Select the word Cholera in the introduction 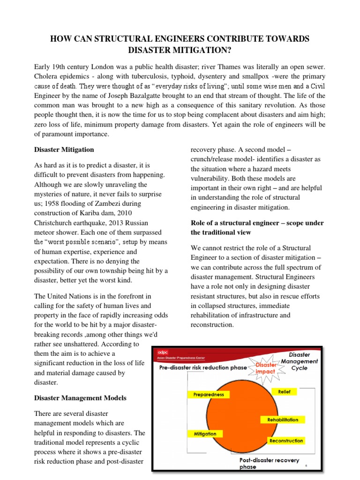(x=48, y=76)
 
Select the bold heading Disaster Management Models (x=80, y=398)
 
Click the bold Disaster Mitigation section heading (x=64, y=150)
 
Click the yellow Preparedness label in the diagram (x=209, y=394)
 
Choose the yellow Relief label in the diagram (x=284, y=391)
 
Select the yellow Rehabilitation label (x=283, y=420)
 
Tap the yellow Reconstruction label (x=286, y=441)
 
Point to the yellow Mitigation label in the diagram (x=205, y=434)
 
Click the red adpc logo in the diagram (x=162, y=352)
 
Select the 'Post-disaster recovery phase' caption (x=269, y=463)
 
